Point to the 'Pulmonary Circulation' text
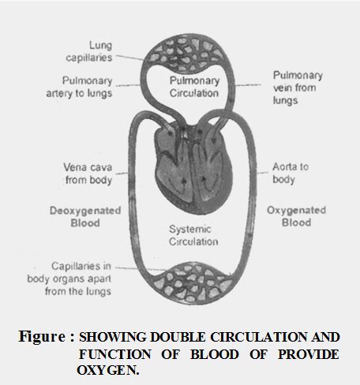coord(193,87)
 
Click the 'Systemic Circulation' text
coord(192,234)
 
